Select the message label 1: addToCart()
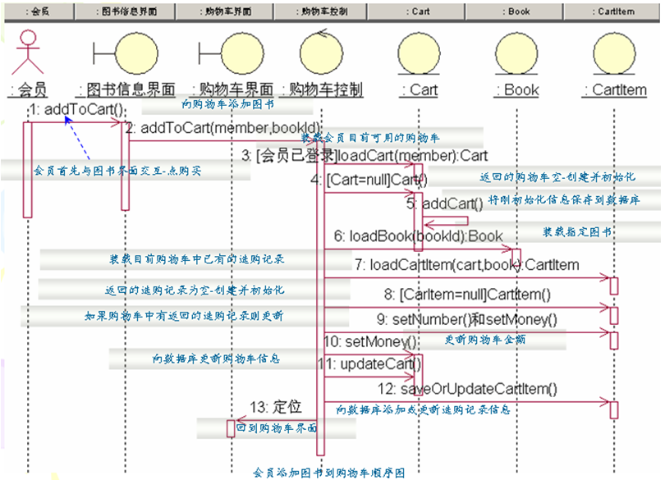click(x=77, y=109)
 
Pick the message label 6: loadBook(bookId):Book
click(x=418, y=236)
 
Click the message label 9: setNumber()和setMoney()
click(x=466, y=319)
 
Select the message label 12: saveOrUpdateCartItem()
click(x=467, y=389)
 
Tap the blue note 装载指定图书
click(x=577, y=232)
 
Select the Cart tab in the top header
click(x=420, y=11)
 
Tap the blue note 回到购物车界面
click(x=277, y=428)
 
